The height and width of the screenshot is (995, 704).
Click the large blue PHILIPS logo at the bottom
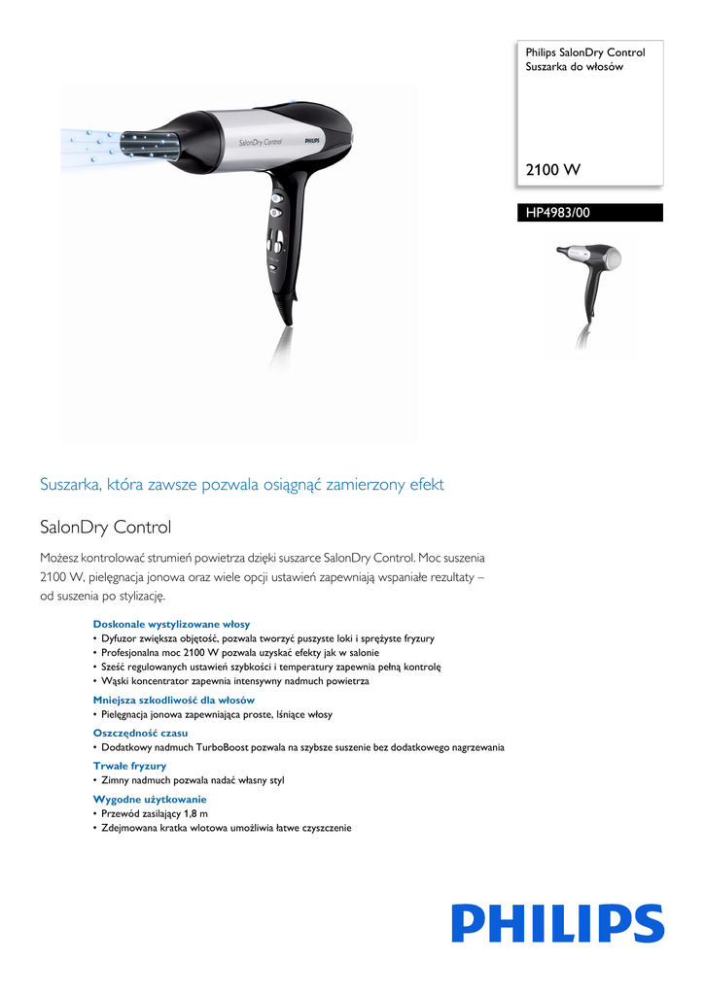click(557, 923)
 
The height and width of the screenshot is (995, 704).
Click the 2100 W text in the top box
click(553, 170)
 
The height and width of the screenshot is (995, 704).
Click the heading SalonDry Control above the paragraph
click(105, 528)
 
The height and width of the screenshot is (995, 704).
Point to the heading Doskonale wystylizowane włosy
click(171, 624)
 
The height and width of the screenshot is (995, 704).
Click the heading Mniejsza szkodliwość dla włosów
click(174, 700)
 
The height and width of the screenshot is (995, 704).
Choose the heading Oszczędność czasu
click(140, 733)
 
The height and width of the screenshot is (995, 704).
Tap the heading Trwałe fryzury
click(129, 766)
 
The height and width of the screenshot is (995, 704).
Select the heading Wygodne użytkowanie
click(150, 799)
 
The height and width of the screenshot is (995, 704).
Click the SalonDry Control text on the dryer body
click(260, 142)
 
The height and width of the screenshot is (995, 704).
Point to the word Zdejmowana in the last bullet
click(133, 828)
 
